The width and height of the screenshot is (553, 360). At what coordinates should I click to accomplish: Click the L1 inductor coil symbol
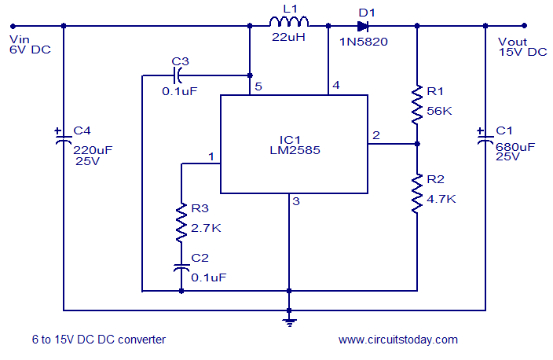coord(288,21)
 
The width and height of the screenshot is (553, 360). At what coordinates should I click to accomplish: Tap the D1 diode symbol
coord(363,25)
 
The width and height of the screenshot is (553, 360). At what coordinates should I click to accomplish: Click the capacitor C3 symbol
coord(178,75)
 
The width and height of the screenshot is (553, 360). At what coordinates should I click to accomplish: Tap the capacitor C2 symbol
coord(181,268)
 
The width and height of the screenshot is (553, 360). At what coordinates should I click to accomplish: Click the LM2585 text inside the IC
coord(293,147)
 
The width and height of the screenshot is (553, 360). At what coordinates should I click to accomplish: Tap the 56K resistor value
coord(440,111)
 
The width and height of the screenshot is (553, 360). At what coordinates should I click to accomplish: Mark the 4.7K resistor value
coord(441,199)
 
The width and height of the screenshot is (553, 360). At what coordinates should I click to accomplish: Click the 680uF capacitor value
coord(515,145)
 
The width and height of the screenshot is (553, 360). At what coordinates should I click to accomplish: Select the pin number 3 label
coord(296,202)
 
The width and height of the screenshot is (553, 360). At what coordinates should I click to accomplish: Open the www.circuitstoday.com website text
coord(397,340)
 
